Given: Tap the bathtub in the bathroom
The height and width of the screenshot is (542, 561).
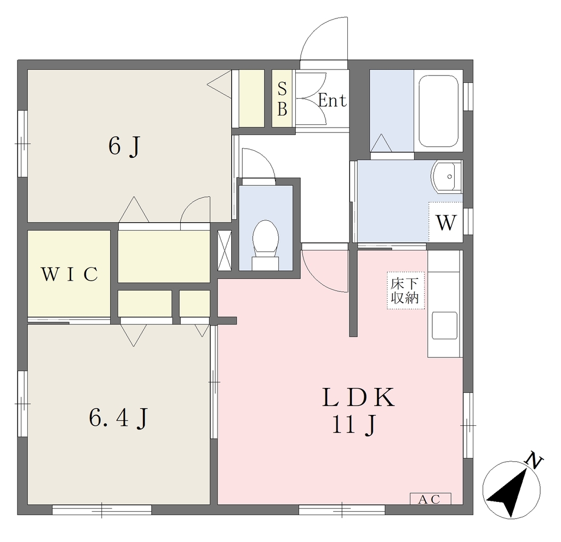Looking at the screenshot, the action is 438,111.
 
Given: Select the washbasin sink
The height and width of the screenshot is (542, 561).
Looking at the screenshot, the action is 447,177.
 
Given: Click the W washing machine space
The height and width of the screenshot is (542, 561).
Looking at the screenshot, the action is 446,222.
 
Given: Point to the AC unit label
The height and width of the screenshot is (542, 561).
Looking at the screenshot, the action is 430,499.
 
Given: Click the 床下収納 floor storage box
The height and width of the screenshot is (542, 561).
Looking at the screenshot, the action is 405,290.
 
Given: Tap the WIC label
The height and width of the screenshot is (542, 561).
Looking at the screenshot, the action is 70,274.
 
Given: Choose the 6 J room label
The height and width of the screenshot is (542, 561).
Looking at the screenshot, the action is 124,146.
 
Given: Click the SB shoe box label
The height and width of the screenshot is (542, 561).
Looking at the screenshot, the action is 282,99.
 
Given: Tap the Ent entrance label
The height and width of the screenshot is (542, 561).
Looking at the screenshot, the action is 333,100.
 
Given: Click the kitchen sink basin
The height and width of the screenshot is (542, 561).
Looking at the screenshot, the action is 444,326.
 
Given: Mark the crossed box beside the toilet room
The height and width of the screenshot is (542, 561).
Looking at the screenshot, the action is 225,250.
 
